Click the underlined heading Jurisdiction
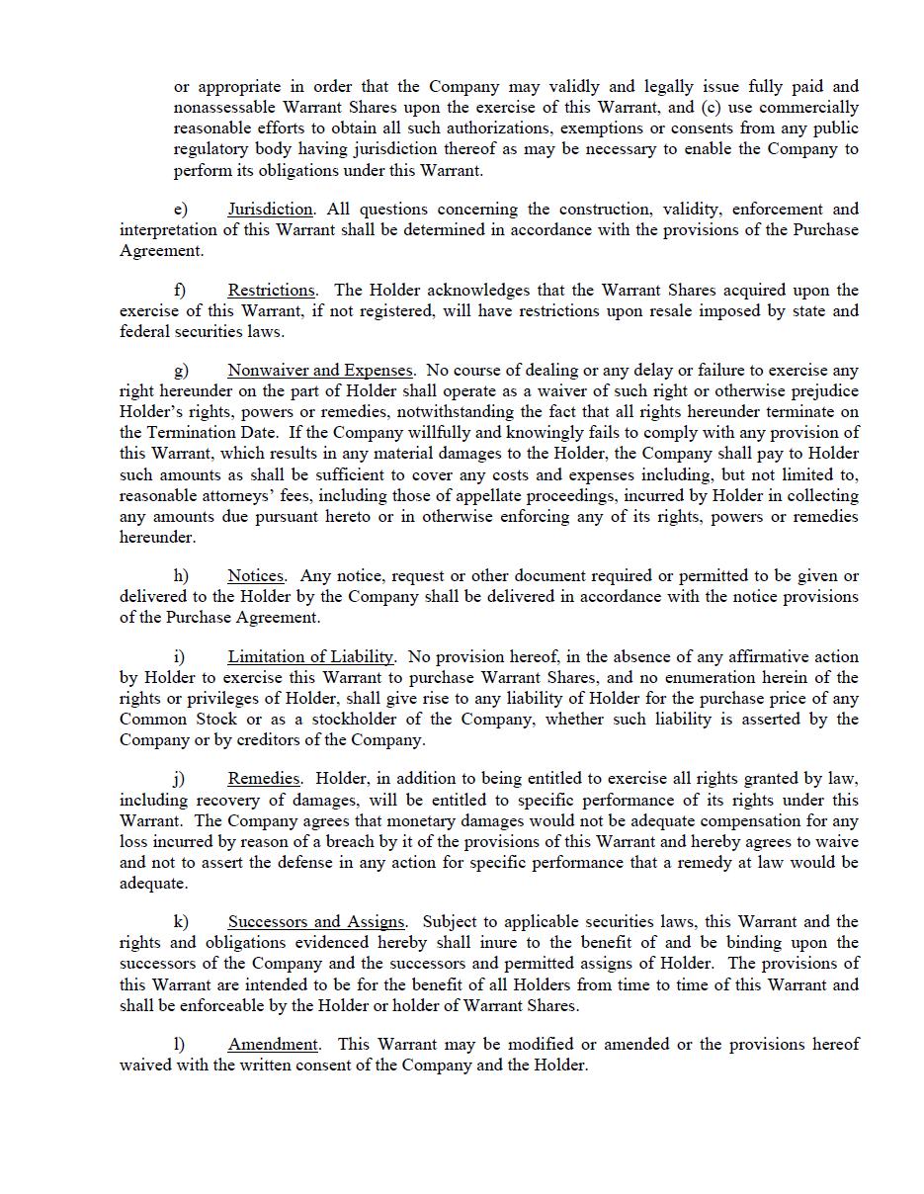coord(270,210)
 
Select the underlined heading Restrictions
coord(271,291)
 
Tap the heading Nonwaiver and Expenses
coord(319,371)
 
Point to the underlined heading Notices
coord(255,576)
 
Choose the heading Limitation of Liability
coord(310,657)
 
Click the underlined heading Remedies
coord(264,780)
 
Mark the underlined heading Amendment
coord(273,1045)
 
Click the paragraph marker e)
coord(181,210)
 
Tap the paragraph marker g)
coord(181,371)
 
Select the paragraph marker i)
coord(179,657)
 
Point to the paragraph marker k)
coord(181,922)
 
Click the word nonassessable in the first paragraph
coord(225,108)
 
